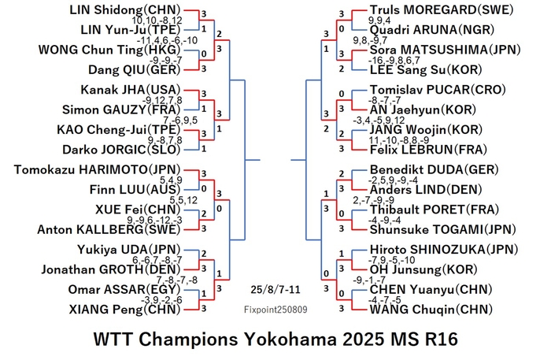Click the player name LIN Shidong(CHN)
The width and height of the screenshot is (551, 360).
(x=125, y=9)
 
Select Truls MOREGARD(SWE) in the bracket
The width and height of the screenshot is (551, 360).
(x=442, y=9)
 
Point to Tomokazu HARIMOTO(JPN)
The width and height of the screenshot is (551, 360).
(x=98, y=170)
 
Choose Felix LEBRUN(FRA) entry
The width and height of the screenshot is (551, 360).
(x=428, y=150)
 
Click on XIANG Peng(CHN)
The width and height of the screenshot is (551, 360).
(x=124, y=310)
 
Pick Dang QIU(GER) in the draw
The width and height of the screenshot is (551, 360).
(x=135, y=69)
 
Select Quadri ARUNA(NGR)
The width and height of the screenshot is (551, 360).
(x=432, y=30)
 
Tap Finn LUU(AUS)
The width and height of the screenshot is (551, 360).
(x=135, y=190)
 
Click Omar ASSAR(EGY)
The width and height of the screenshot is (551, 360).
(x=124, y=289)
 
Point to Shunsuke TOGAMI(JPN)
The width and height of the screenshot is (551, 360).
(x=442, y=229)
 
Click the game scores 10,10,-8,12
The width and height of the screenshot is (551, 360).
(x=157, y=20)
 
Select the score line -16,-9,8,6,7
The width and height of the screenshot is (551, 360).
(x=394, y=60)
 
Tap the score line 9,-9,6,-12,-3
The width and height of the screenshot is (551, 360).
(x=154, y=220)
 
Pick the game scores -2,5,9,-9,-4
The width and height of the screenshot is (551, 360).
(x=393, y=180)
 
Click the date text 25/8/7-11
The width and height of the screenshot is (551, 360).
(x=275, y=290)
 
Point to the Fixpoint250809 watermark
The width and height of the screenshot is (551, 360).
(x=275, y=310)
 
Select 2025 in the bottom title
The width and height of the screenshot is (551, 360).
(x=364, y=340)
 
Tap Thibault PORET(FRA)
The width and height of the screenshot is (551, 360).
(x=435, y=210)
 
